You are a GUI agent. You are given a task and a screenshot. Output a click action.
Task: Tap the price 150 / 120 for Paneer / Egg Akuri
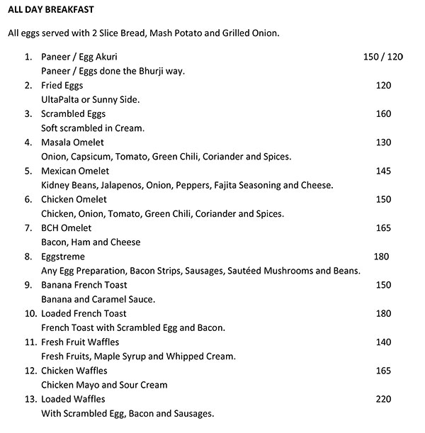click(382, 57)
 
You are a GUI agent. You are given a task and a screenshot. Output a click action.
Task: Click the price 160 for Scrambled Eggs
click(383, 114)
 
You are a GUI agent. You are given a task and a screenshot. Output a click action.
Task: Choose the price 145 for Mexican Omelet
click(383, 171)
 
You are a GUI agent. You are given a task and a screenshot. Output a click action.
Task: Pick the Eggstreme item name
click(63, 257)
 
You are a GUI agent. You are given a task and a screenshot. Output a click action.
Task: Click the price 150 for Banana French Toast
click(383, 285)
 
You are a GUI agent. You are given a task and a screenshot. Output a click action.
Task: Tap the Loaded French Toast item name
click(84, 313)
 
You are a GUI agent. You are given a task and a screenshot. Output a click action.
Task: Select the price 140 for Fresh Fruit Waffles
click(383, 342)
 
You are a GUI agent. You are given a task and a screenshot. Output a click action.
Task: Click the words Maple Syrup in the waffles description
click(126, 356)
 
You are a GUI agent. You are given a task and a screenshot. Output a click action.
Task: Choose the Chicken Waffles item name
click(74, 371)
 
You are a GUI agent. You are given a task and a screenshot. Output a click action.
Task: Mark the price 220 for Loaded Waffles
click(383, 399)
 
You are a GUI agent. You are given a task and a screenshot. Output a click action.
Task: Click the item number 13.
click(29, 399)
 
